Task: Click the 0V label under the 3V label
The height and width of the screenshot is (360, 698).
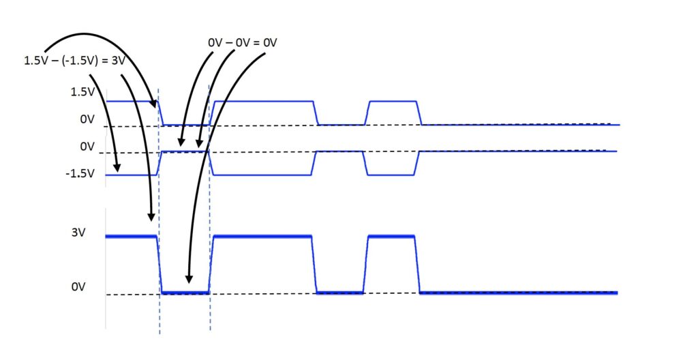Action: click(78, 287)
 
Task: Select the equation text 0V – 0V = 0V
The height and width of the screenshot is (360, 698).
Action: click(243, 42)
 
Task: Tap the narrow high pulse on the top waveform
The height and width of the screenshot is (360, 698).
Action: click(392, 102)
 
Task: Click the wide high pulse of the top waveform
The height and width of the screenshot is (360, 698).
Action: click(264, 102)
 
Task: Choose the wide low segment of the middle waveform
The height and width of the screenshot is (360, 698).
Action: click(264, 175)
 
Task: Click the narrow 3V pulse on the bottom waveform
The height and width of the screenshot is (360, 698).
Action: click(392, 236)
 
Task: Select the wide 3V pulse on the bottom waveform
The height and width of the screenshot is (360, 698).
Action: click(262, 236)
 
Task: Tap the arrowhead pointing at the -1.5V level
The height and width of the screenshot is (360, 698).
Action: click(118, 168)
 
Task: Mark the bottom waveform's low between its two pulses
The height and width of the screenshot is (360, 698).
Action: click(340, 292)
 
